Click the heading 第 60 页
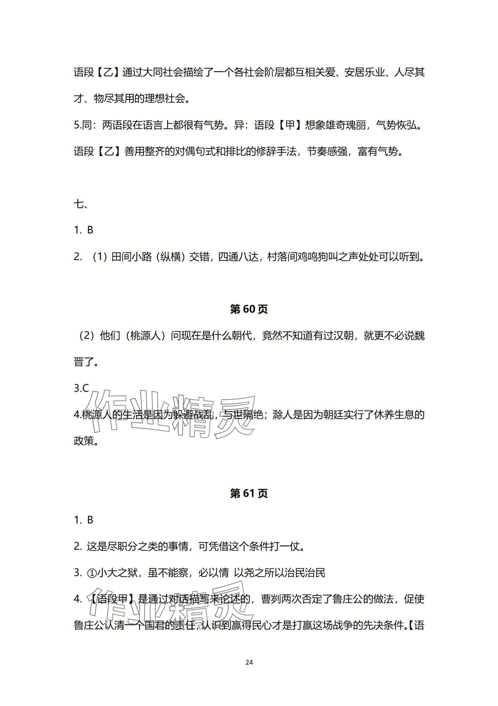249,309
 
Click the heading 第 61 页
249,493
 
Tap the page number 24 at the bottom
249,662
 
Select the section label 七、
81,204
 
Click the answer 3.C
81,388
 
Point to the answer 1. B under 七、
83,230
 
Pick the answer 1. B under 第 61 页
83,520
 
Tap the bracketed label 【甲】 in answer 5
290,125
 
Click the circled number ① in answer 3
92,573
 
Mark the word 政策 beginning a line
84,441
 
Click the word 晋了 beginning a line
84,362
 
